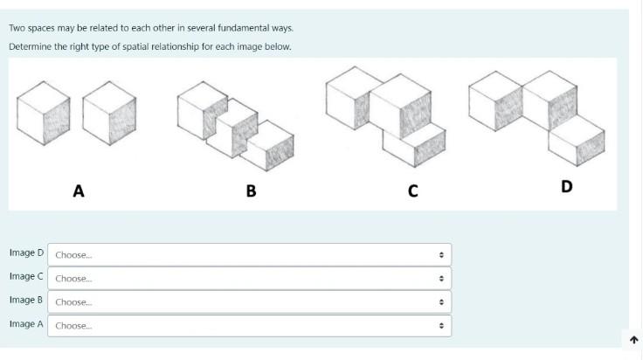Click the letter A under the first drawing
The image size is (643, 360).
[78, 190]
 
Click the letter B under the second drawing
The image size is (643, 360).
[251, 190]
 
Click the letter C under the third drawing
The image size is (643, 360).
[412, 190]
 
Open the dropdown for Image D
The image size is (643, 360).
[249, 254]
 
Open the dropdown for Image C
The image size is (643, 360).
[249, 278]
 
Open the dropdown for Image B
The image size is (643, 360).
[249, 301]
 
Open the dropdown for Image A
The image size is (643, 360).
[249, 325]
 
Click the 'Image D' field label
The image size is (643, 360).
[26, 253]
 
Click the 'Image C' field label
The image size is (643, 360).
[26, 277]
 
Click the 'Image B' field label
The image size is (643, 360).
[26, 301]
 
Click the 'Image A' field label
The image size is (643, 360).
[26, 324]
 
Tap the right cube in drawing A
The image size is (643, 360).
[110, 114]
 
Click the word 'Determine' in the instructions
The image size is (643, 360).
[29, 46]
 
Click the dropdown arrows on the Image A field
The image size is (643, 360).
[441, 326]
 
